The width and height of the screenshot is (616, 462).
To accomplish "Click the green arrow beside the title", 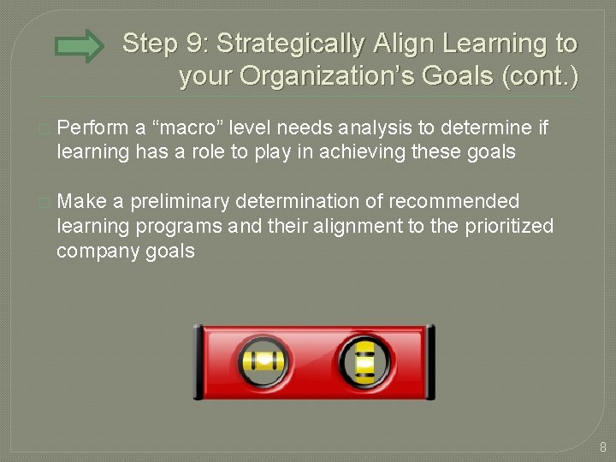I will pyautogui.click(x=84, y=46).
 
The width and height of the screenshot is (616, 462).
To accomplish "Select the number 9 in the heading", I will pyautogui.click(x=196, y=44).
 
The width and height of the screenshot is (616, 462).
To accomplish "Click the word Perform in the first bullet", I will pyautogui.click(x=92, y=128).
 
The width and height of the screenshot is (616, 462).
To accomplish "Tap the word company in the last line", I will pyautogui.click(x=93, y=251).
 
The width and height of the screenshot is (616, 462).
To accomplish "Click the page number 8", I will pyautogui.click(x=602, y=447).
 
